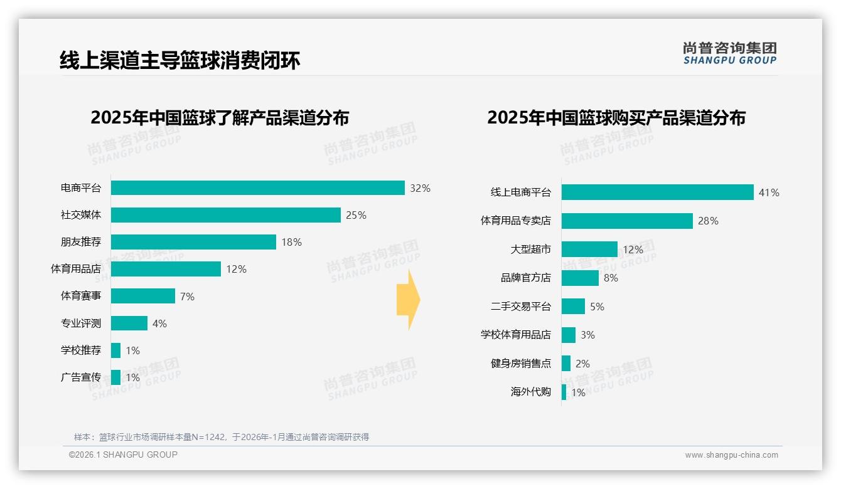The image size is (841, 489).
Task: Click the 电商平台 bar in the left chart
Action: click(x=257, y=188)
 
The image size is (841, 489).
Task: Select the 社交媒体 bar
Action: click(x=226, y=215)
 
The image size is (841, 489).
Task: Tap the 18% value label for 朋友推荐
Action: click(x=291, y=242)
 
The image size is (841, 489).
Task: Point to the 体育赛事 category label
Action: click(x=81, y=296)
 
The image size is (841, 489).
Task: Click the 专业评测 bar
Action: click(x=129, y=323)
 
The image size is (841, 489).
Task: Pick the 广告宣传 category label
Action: click(x=81, y=377)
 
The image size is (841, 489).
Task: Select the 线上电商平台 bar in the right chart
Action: click(x=657, y=192)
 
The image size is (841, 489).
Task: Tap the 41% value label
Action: click(x=769, y=193)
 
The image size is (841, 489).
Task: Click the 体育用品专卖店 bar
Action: click(x=627, y=221)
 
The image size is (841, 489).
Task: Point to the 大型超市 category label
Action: click(x=530, y=250)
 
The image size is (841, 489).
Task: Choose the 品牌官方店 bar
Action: click(x=580, y=278)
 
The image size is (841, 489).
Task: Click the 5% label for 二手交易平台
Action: click(x=597, y=307)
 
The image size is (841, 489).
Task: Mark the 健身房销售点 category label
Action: click(x=520, y=364)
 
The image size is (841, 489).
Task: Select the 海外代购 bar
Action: click(x=564, y=392)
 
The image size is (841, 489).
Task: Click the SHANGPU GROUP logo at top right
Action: click(x=729, y=53)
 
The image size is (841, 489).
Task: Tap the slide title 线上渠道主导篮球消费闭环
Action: click(x=179, y=60)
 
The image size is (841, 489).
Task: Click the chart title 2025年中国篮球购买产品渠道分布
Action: click(x=616, y=118)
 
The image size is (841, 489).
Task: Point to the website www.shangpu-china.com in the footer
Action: click(x=731, y=455)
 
